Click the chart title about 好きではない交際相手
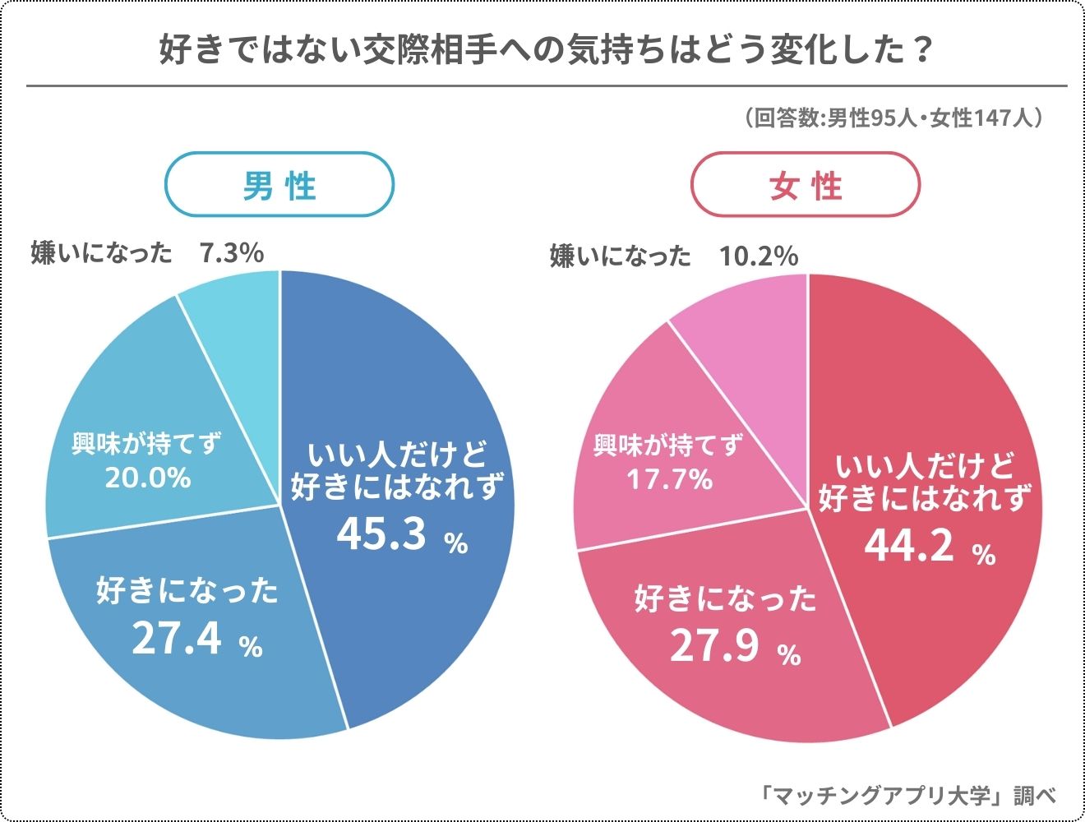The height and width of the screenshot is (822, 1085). (546, 51)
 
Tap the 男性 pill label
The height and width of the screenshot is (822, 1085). (279, 185)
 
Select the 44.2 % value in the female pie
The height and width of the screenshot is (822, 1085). (929, 545)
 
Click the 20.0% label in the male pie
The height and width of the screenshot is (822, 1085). (148, 477)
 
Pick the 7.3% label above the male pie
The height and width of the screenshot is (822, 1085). (232, 252)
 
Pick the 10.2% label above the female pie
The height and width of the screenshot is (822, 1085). (759, 256)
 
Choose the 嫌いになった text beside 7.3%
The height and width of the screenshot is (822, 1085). (101, 252)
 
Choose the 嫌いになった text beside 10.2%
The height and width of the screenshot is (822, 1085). (621, 256)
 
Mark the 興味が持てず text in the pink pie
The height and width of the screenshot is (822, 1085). (667, 446)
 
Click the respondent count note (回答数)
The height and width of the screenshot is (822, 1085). (893, 118)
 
